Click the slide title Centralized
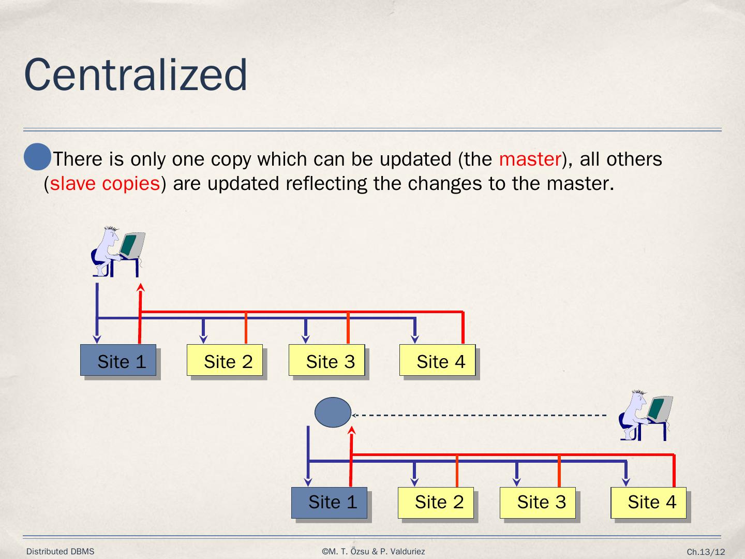click(x=136, y=76)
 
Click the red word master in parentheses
click(x=530, y=159)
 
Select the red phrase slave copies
click(x=105, y=184)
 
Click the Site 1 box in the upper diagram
click(x=118, y=360)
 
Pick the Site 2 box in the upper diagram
click(x=225, y=360)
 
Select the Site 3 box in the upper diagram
click(x=327, y=360)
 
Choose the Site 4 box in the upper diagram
click(x=437, y=360)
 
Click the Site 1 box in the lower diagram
click(x=329, y=503)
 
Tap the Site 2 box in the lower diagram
click(x=436, y=503)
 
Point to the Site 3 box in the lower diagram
click(x=538, y=503)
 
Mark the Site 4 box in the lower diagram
click(x=648, y=503)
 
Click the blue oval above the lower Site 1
click(x=333, y=413)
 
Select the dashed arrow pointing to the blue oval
click(x=479, y=415)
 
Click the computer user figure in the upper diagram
click(x=118, y=251)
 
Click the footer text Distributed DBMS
click(x=61, y=552)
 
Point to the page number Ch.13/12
click(x=706, y=552)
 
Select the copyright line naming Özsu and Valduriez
click(x=373, y=552)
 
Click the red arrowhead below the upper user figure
click(x=140, y=287)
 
